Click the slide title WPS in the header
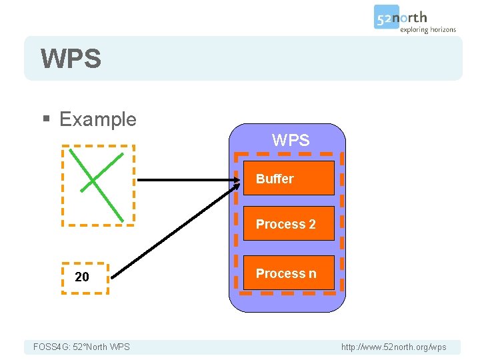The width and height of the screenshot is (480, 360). (x=71, y=59)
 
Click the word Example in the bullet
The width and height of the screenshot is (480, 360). (x=97, y=119)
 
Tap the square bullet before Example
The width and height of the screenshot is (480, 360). (x=46, y=120)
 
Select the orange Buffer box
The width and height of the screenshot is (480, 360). (x=288, y=178)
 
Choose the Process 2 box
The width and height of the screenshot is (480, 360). (x=288, y=224)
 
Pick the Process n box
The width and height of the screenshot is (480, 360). (x=288, y=273)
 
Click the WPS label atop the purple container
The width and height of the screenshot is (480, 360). (x=291, y=141)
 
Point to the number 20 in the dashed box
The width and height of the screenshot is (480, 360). (x=82, y=277)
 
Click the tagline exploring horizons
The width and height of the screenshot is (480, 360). (x=428, y=29)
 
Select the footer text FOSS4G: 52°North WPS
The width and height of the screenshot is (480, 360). (x=81, y=347)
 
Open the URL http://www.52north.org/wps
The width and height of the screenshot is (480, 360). (x=393, y=347)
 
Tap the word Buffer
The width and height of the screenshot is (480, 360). (x=275, y=179)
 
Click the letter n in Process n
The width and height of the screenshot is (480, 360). (x=312, y=273)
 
